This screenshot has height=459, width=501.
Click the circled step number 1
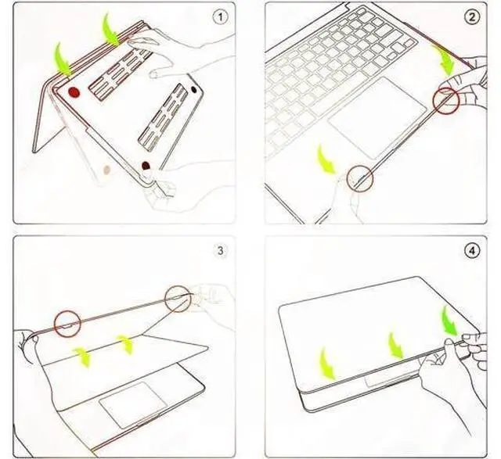(221, 17)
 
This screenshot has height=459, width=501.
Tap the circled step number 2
(472, 17)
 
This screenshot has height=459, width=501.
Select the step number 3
(221, 251)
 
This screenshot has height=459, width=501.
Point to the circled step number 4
(472, 251)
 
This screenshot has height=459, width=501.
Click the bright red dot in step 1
(74, 92)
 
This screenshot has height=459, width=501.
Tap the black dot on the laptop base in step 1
(194, 90)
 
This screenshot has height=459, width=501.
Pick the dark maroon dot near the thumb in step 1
(146, 166)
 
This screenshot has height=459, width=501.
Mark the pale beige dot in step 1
(106, 170)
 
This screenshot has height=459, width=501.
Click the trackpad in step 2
(377, 117)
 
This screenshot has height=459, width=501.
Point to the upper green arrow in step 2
(444, 61)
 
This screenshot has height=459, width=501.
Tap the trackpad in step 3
(132, 405)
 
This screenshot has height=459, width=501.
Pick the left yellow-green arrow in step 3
(82, 357)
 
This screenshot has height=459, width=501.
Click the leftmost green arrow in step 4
(326, 364)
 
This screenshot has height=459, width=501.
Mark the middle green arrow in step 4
(395, 346)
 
